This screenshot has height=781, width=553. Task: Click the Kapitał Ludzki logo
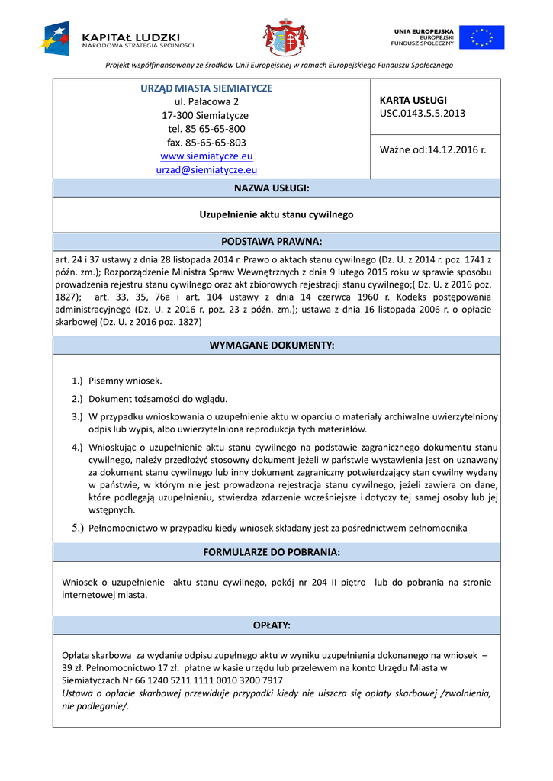[118, 37]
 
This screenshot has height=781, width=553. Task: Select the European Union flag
[486, 37]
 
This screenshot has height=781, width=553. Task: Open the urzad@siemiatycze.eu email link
[206, 170]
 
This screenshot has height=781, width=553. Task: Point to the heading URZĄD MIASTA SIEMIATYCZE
[206, 88]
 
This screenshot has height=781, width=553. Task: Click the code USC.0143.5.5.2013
[422, 114]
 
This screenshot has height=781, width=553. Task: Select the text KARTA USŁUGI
[413, 100]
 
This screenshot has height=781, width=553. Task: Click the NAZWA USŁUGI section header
[276, 188]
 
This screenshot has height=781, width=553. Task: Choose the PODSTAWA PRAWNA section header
[276, 242]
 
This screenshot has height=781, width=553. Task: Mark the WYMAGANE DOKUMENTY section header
[276, 346]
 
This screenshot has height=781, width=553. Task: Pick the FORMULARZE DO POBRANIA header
[276, 551]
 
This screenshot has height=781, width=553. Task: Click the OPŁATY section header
[276, 625]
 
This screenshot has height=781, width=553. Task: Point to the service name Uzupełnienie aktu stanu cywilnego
[276, 215]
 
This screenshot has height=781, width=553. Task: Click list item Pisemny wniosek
[125, 380]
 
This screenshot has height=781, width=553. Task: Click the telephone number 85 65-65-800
[217, 129]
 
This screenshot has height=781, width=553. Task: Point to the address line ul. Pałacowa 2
[206, 101]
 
